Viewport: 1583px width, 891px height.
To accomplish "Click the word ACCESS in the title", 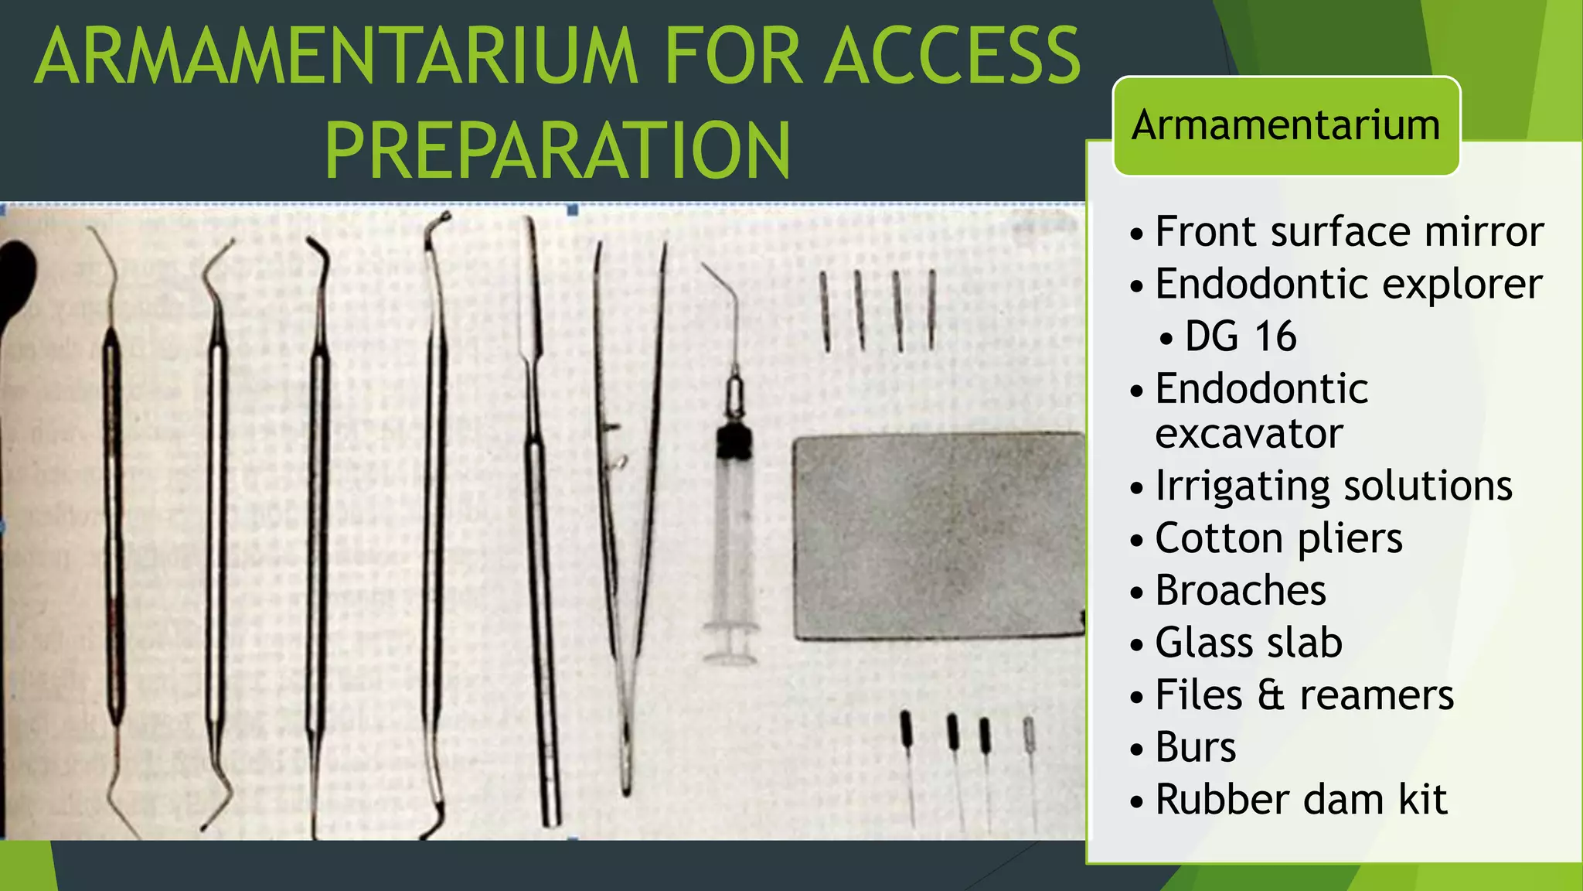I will tap(952, 56).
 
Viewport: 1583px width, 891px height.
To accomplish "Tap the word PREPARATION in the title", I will tap(558, 150).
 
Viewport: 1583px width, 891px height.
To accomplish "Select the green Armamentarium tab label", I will tap(1286, 125).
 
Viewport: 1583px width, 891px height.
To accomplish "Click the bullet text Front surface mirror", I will tap(1349, 231).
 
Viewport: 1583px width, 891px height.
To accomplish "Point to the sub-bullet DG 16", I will tap(1240, 336).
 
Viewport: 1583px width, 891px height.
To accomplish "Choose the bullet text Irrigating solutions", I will tap(1333, 486).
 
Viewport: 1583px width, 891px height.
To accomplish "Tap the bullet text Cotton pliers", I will tap(1278, 538).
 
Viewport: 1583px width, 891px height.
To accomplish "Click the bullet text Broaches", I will tap(1241, 591).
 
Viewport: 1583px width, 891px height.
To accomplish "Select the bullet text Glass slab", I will tap(1248, 643).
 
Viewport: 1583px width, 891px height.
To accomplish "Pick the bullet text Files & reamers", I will tap(1305, 695).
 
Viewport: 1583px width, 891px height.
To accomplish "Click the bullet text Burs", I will tap(1196, 747).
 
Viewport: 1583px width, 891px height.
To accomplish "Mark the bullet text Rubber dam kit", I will tap(1301, 800).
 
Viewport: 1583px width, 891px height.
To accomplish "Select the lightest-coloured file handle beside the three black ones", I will tap(1029, 732).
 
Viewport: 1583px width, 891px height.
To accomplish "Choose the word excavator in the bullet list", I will tap(1249, 434).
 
